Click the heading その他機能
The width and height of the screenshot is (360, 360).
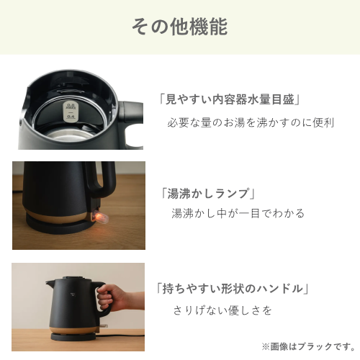tap(180, 27)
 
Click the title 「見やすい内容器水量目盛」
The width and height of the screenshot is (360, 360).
tap(230, 99)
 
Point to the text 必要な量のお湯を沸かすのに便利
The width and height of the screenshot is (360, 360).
tap(251, 122)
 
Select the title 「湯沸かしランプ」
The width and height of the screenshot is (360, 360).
tap(208, 193)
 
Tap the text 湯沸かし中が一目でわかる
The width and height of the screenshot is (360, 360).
tap(238, 213)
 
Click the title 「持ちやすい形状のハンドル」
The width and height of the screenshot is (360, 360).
tap(232, 288)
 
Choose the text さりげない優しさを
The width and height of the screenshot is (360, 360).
tap(222, 310)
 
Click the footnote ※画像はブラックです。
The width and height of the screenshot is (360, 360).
tap(308, 346)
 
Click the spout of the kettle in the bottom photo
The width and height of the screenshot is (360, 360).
tap(51, 283)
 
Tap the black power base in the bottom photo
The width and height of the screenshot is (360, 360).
tap(73, 336)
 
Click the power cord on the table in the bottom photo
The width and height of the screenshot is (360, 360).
tap(120, 332)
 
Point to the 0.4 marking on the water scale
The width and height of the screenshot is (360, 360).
tap(71, 117)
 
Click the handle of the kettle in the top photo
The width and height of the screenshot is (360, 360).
tap(131, 125)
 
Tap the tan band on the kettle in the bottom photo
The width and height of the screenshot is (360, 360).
tap(74, 330)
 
